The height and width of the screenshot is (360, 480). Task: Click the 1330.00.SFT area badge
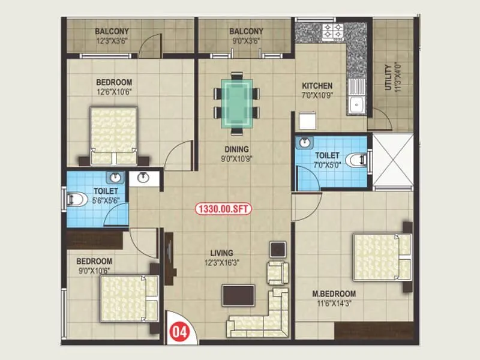pos(223,209)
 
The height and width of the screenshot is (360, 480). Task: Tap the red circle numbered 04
pos(178,331)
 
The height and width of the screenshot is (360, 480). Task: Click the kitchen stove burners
pos(333,31)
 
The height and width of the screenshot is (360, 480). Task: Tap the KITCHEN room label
pos(317,86)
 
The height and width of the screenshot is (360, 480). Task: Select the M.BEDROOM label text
pos(334,294)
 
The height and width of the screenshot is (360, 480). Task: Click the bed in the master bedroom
pos(382,257)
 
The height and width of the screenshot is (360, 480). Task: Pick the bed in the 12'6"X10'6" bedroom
pos(113,136)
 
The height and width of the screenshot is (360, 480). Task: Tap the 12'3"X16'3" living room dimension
pos(221,262)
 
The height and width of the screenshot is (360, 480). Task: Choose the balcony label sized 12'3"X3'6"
pos(112,42)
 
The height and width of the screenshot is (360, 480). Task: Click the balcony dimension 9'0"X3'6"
pos(246,42)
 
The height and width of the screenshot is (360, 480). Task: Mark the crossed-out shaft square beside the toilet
pos(393,160)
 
